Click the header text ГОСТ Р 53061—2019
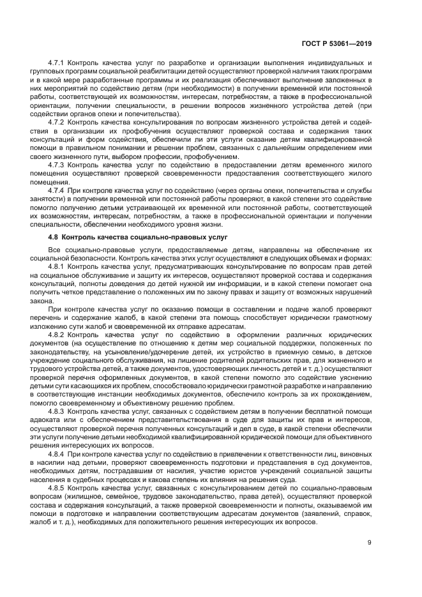(x=337, y=43)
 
